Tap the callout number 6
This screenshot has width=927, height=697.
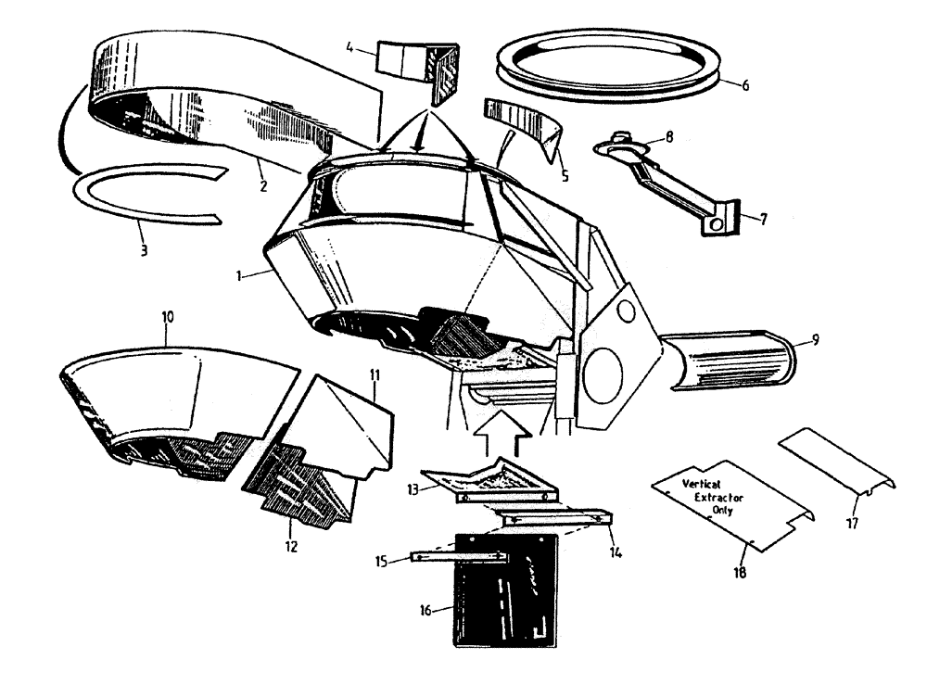coord(745,85)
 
